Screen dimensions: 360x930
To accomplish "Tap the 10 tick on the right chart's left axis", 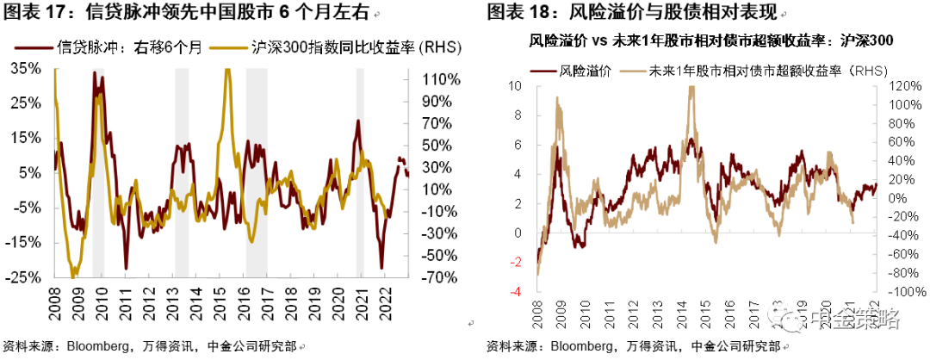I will (x=516, y=86).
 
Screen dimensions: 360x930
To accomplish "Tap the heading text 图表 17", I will (x=34, y=14).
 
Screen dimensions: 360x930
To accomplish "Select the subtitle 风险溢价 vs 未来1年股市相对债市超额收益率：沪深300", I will (x=710, y=40).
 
